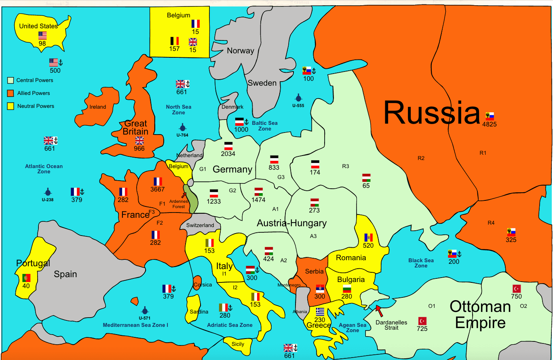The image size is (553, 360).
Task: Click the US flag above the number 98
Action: [42, 35]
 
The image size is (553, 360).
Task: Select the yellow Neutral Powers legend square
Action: [11, 106]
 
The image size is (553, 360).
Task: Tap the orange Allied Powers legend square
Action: [11, 93]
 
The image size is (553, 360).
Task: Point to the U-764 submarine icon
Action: [182, 127]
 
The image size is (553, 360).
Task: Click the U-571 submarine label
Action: [145, 318]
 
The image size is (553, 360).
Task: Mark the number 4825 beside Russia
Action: [490, 124]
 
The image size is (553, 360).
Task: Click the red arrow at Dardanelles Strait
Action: [379, 310]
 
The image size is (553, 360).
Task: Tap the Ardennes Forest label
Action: [179, 204]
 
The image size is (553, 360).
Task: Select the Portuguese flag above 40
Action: [26, 278]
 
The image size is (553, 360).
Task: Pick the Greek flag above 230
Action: [320, 312]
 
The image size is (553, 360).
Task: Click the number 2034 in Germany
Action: [228, 154]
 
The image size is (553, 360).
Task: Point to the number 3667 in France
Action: [157, 189]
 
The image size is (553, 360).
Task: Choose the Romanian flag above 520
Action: [368, 238]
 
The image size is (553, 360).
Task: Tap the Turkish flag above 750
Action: [516, 288]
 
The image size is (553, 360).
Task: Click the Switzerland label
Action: [200, 225]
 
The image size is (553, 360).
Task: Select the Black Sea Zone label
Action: [421, 263]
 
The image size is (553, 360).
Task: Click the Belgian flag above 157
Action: [174, 41]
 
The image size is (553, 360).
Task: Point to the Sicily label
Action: [238, 344]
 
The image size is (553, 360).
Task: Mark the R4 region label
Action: [491, 223]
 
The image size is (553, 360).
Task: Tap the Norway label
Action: [240, 51]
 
